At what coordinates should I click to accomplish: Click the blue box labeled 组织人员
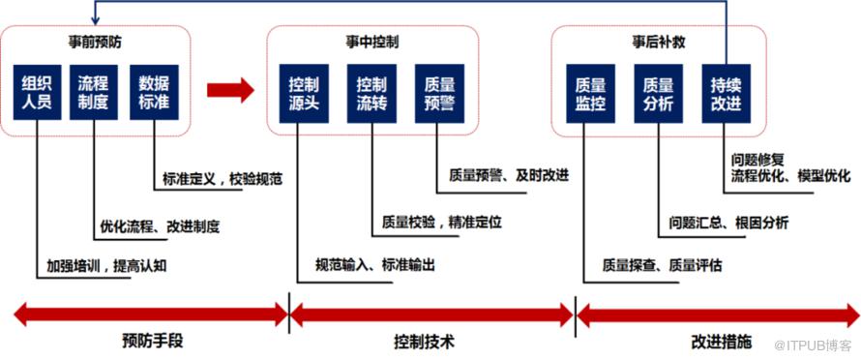click(x=36, y=92)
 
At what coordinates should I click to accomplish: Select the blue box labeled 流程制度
click(x=93, y=92)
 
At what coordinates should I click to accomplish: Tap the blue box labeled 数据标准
click(x=154, y=92)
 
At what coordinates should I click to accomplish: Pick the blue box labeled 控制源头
click(x=304, y=94)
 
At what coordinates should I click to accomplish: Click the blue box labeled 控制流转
click(x=371, y=94)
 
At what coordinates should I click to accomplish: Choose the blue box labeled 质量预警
click(x=439, y=94)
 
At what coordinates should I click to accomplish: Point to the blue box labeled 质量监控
click(x=590, y=94)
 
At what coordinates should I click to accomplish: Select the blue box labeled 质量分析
click(x=658, y=94)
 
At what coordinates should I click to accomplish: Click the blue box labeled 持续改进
click(x=726, y=94)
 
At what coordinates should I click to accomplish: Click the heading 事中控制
click(x=373, y=43)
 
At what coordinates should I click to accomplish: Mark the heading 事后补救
click(x=659, y=43)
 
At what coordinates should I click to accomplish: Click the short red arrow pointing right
click(x=230, y=90)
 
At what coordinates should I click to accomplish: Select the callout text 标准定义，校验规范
click(x=223, y=179)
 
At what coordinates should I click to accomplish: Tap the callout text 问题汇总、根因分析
click(x=728, y=223)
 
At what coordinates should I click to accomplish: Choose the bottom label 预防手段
click(x=152, y=342)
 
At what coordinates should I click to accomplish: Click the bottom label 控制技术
click(x=425, y=342)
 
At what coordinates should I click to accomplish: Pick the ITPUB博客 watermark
click(x=812, y=345)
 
